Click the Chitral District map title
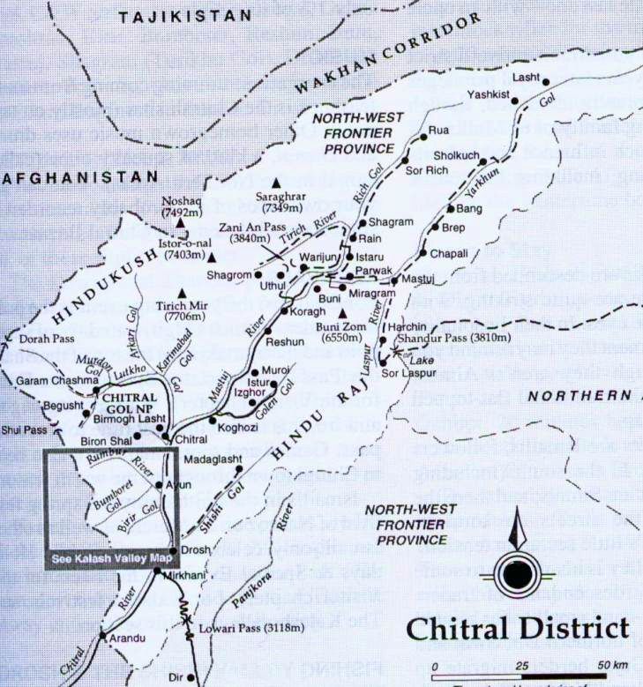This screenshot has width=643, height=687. (x=519, y=629)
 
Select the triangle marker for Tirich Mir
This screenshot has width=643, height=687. (x=183, y=293)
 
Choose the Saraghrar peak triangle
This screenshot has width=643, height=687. (x=275, y=182)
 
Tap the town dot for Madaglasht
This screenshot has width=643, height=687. (x=238, y=469)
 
